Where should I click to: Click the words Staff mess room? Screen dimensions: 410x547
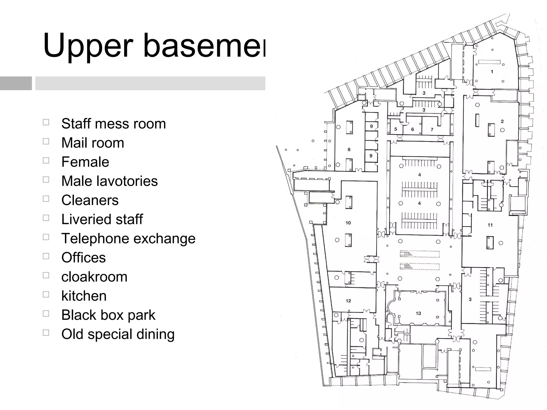point(114,124)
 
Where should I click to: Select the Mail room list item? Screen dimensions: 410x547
point(93,143)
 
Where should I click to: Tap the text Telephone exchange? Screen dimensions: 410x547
point(128,238)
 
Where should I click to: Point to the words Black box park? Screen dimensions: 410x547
point(108,315)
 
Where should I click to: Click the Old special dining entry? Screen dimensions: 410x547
point(118,334)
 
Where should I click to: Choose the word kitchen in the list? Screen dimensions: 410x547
point(84,296)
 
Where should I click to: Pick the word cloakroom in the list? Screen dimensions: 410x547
point(94,277)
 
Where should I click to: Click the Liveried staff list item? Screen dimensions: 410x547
point(102,219)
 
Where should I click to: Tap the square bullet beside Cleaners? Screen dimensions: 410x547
point(46,199)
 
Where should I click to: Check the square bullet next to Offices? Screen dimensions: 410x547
point(46,256)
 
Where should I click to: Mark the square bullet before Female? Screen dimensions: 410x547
point(46,160)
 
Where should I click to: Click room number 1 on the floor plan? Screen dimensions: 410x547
point(492,72)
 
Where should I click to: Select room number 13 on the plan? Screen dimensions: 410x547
point(418,313)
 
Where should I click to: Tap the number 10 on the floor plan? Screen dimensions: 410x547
point(348,223)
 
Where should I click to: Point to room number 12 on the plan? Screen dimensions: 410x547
point(348,301)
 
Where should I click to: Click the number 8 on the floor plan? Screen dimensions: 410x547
point(349,150)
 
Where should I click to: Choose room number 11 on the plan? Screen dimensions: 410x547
point(490,225)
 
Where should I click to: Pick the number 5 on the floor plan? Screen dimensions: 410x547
point(396,129)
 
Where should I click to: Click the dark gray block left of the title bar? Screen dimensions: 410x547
point(16,83)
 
